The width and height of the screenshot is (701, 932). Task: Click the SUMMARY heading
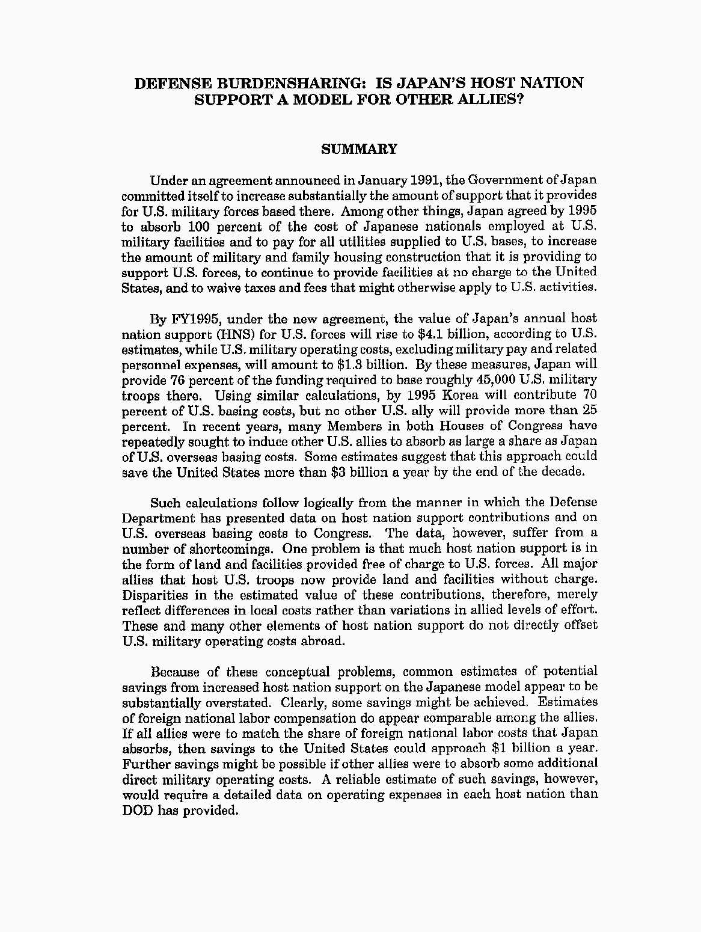[359, 149]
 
